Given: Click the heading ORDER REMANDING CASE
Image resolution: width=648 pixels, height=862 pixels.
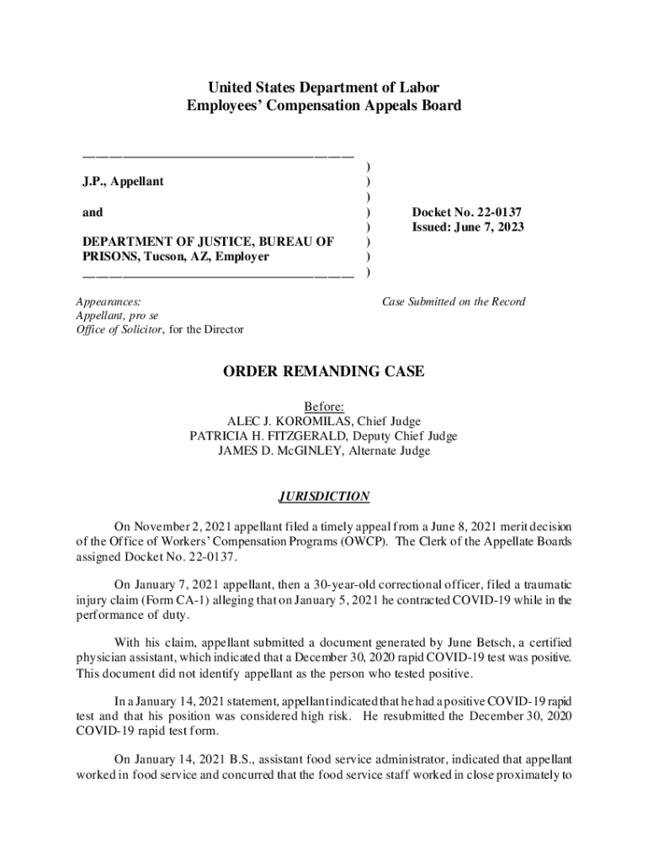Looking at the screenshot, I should (324, 371).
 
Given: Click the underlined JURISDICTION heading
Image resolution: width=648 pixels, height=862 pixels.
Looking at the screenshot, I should (324, 497).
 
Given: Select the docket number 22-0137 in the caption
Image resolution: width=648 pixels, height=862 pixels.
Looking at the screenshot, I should (504, 212).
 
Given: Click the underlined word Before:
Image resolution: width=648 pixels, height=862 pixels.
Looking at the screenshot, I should (324, 406).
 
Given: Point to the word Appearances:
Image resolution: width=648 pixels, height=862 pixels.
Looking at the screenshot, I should (108, 301).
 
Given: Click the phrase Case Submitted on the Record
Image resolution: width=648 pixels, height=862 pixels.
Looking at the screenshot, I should (454, 301).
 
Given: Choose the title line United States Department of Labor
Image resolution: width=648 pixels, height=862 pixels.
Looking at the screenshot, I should (324, 88).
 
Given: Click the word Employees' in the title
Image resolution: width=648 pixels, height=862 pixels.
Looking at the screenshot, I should (220, 106).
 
